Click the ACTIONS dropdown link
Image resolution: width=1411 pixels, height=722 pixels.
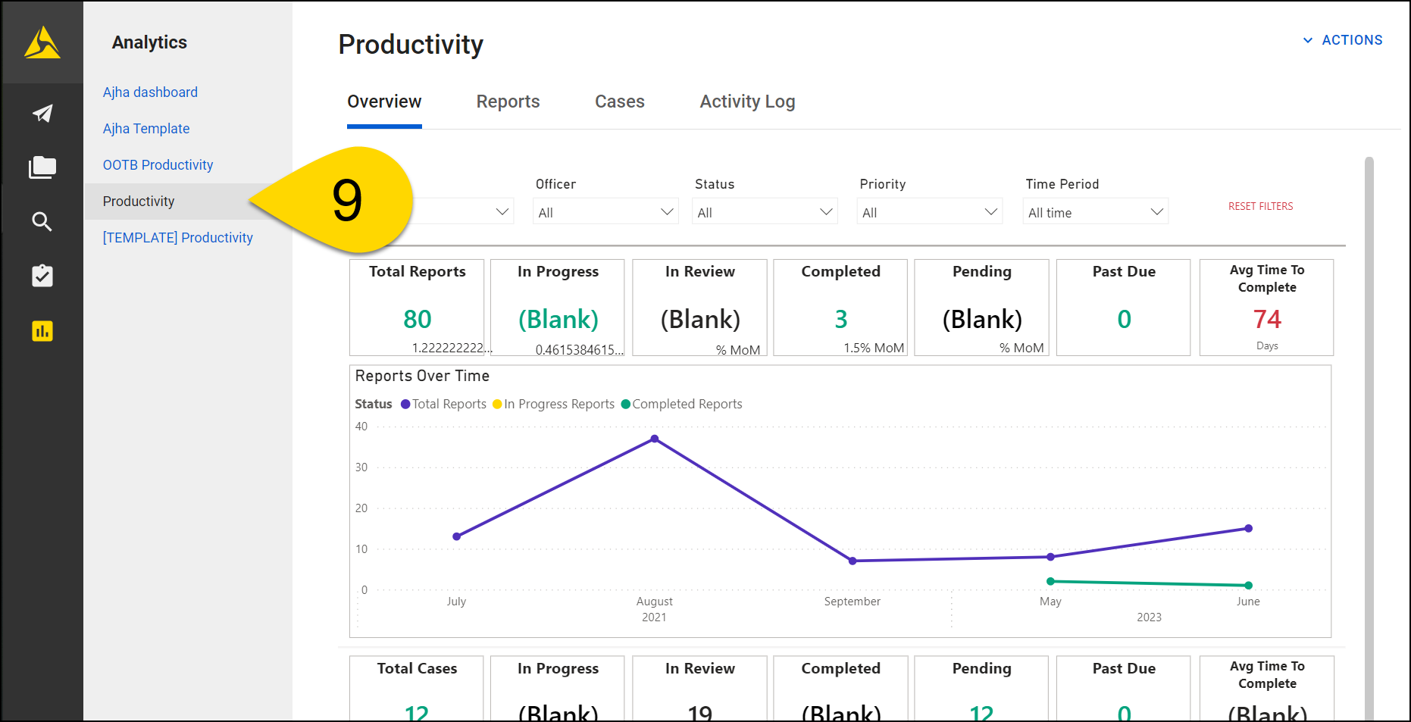pos(1343,40)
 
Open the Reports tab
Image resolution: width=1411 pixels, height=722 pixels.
pos(508,102)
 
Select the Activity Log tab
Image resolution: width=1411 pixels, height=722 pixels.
pos(747,102)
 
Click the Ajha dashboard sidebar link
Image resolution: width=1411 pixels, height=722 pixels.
pos(150,92)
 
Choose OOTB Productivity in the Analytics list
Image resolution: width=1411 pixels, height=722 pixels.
pos(158,165)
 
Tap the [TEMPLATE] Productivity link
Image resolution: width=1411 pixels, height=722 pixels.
pos(178,238)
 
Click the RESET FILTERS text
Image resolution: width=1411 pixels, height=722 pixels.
pos(1260,206)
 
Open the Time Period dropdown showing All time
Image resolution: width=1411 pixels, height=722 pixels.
pos(1095,212)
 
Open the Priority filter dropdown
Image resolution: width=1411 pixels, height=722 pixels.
pos(930,212)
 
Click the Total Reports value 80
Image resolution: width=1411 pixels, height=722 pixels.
pos(418,319)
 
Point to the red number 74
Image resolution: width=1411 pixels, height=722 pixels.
pos(1267,319)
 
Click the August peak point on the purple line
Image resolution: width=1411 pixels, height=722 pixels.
pos(655,439)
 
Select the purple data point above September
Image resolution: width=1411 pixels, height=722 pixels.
pos(853,561)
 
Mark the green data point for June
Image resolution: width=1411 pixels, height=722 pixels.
pos(1248,585)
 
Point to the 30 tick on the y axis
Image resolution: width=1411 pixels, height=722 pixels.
pos(361,467)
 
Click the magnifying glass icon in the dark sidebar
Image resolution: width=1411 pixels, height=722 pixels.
pos(42,221)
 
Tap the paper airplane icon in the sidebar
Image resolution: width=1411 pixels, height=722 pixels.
pos(42,114)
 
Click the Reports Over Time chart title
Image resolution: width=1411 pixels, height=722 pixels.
pos(422,377)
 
